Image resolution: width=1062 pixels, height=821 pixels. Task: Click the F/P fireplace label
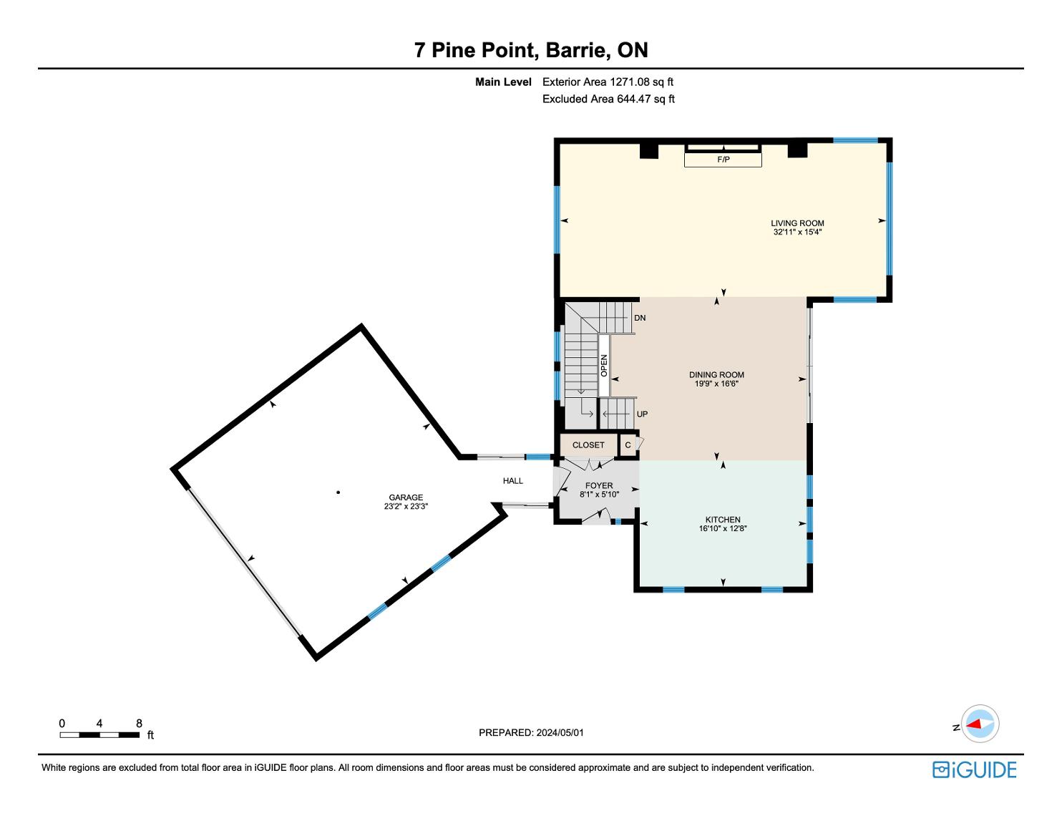click(724, 160)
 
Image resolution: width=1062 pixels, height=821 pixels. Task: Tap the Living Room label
click(798, 223)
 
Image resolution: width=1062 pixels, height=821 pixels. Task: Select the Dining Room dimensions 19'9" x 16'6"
click(716, 384)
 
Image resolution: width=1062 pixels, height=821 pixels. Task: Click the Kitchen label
click(723, 520)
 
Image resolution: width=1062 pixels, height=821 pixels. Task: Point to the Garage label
click(406, 497)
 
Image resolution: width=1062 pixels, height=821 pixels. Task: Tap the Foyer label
click(599, 486)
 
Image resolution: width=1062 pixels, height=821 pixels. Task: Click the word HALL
click(513, 481)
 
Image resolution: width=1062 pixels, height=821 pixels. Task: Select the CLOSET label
click(588, 445)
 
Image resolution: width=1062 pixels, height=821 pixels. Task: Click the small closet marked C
click(628, 445)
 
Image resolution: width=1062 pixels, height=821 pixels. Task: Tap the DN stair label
click(640, 318)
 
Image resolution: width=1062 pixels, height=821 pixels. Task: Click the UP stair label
click(642, 414)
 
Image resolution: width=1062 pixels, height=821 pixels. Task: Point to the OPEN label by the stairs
click(604, 366)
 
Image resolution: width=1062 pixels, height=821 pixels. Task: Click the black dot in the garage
click(338, 492)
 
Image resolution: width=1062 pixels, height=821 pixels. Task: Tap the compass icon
click(980, 724)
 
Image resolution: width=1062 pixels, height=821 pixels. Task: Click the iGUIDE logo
click(975, 770)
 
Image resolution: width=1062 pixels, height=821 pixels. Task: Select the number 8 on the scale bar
click(139, 723)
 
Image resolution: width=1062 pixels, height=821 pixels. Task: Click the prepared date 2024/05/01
click(560, 732)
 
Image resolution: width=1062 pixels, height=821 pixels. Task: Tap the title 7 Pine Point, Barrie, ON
click(531, 50)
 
